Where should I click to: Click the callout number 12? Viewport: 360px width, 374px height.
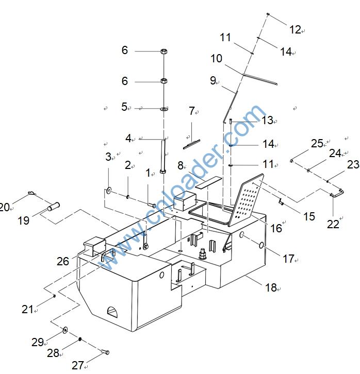pos(294,30)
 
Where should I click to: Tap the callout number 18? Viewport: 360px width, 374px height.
pos(271,288)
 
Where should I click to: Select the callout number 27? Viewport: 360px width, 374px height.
pos(77,365)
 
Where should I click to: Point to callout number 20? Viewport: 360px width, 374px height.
pos(5,207)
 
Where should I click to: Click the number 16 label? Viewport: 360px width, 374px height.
pos(276,228)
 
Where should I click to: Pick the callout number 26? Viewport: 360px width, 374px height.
pos(63,262)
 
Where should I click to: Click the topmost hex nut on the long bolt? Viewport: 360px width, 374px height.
pos(163,52)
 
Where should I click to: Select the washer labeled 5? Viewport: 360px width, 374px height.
pos(163,109)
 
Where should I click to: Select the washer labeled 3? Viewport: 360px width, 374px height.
pos(109,192)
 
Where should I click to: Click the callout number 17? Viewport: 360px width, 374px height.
pos(288,259)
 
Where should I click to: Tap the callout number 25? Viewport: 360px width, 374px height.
pos(316,143)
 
